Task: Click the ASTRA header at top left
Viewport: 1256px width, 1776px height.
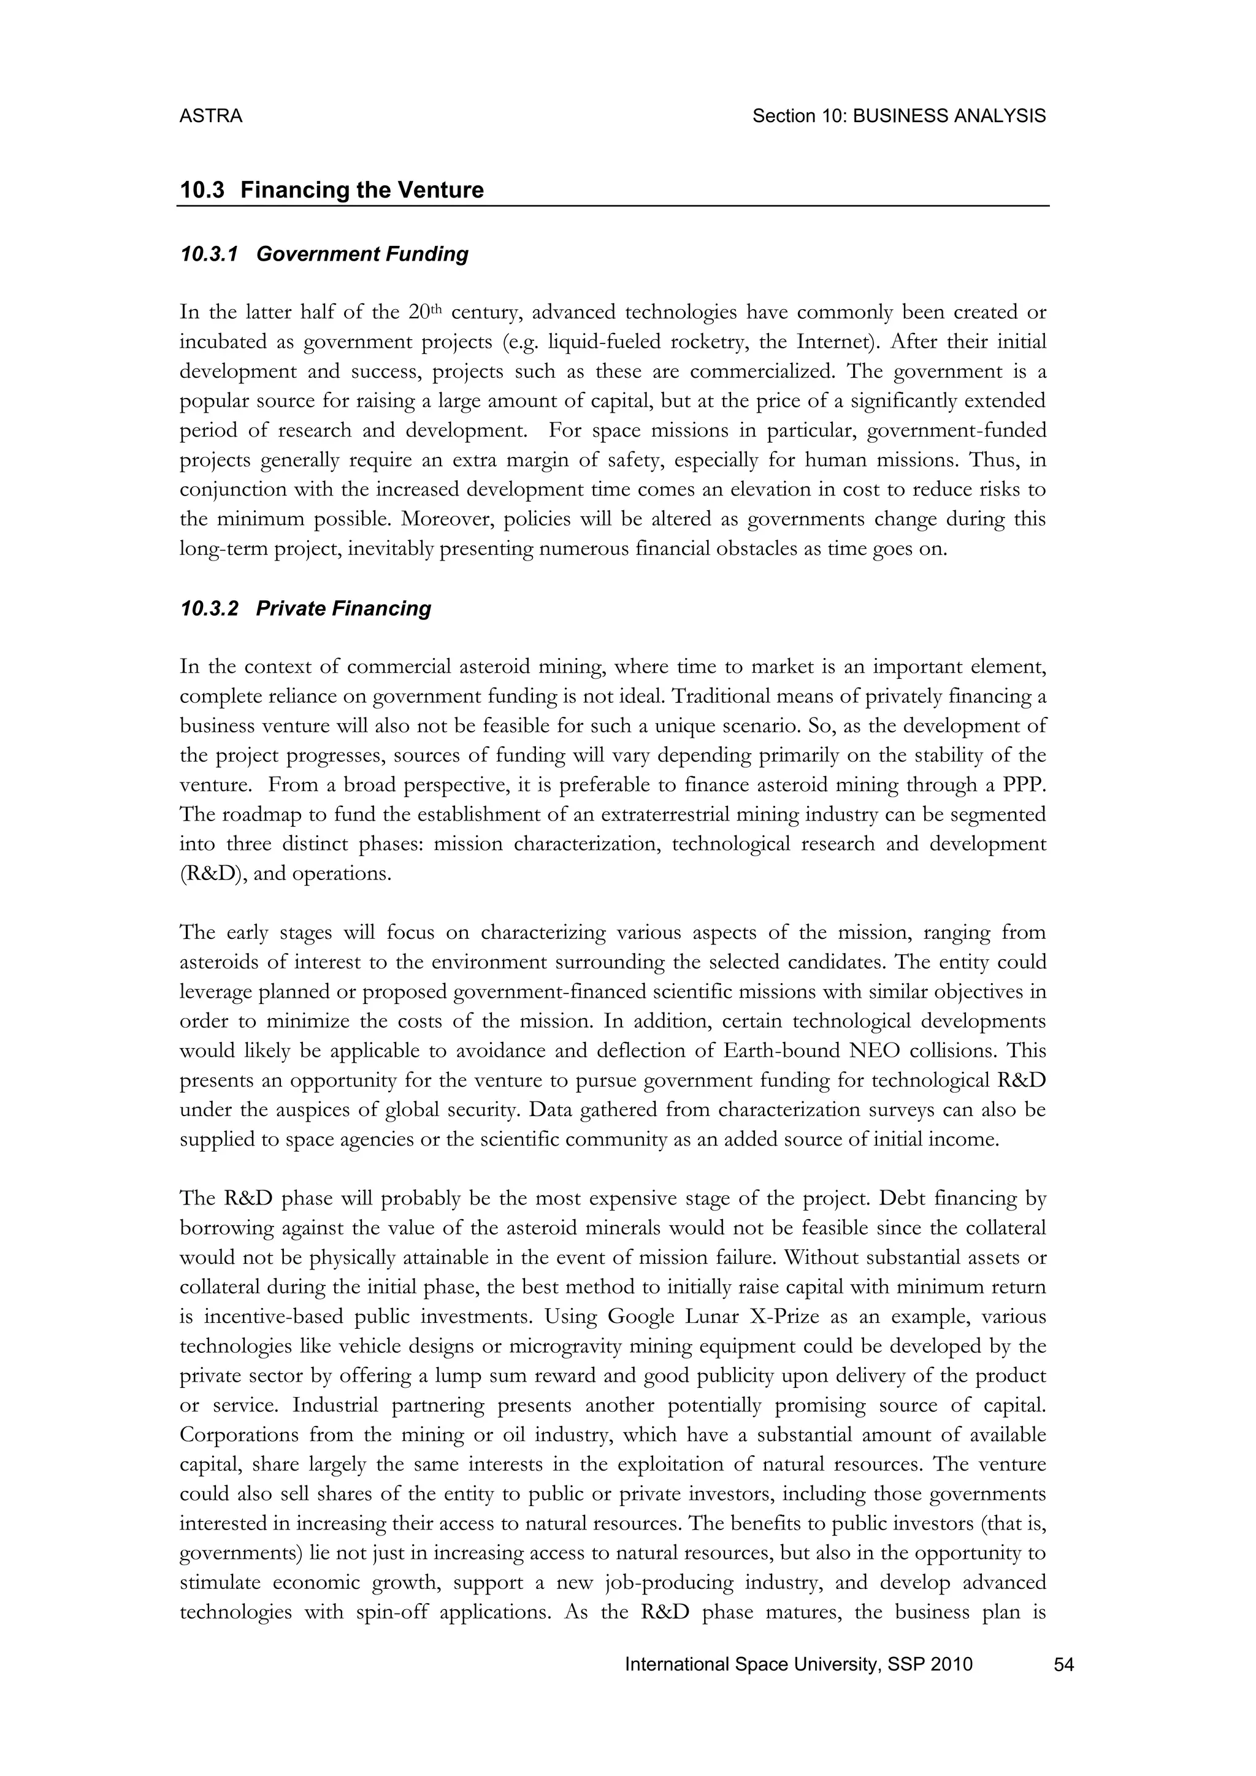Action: (210, 116)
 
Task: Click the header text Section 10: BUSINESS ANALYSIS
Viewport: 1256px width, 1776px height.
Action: (898, 116)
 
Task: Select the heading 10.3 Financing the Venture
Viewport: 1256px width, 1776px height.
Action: (332, 189)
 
